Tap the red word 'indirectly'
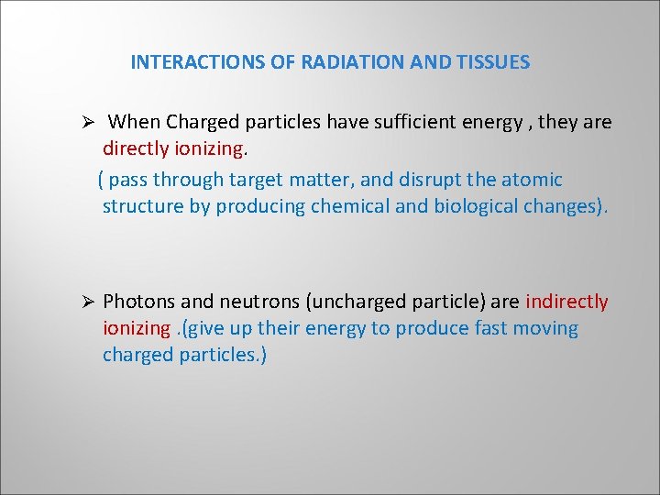pos(566,302)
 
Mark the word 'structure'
pos(143,206)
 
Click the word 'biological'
pos(472,206)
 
